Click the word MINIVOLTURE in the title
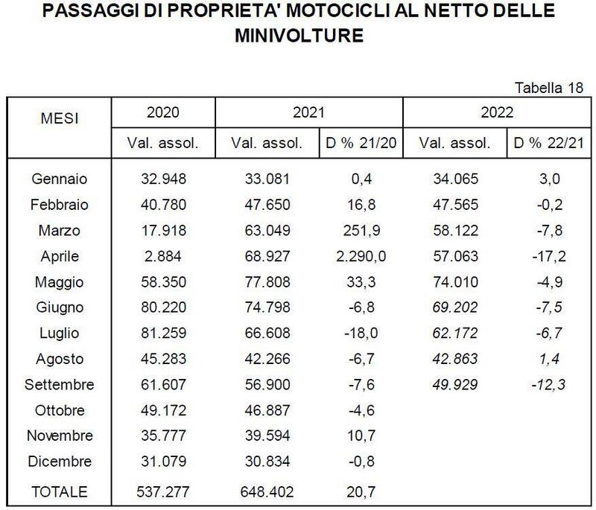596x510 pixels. (x=297, y=34)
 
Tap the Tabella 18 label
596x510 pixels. (x=548, y=89)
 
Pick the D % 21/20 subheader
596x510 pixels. (x=360, y=143)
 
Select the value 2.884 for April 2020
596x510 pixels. (x=162, y=255)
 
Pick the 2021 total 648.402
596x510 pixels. (x=266, y=491)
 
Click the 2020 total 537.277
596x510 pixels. (x=162, y=491)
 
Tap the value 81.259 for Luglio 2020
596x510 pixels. (x=162, y=333)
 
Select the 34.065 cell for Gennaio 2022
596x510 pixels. (x=454, y=178)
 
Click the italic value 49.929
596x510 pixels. (x=454, y=385)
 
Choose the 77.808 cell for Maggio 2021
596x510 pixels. (x=266, y=281)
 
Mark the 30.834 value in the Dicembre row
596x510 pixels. (x=266, y=462)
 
